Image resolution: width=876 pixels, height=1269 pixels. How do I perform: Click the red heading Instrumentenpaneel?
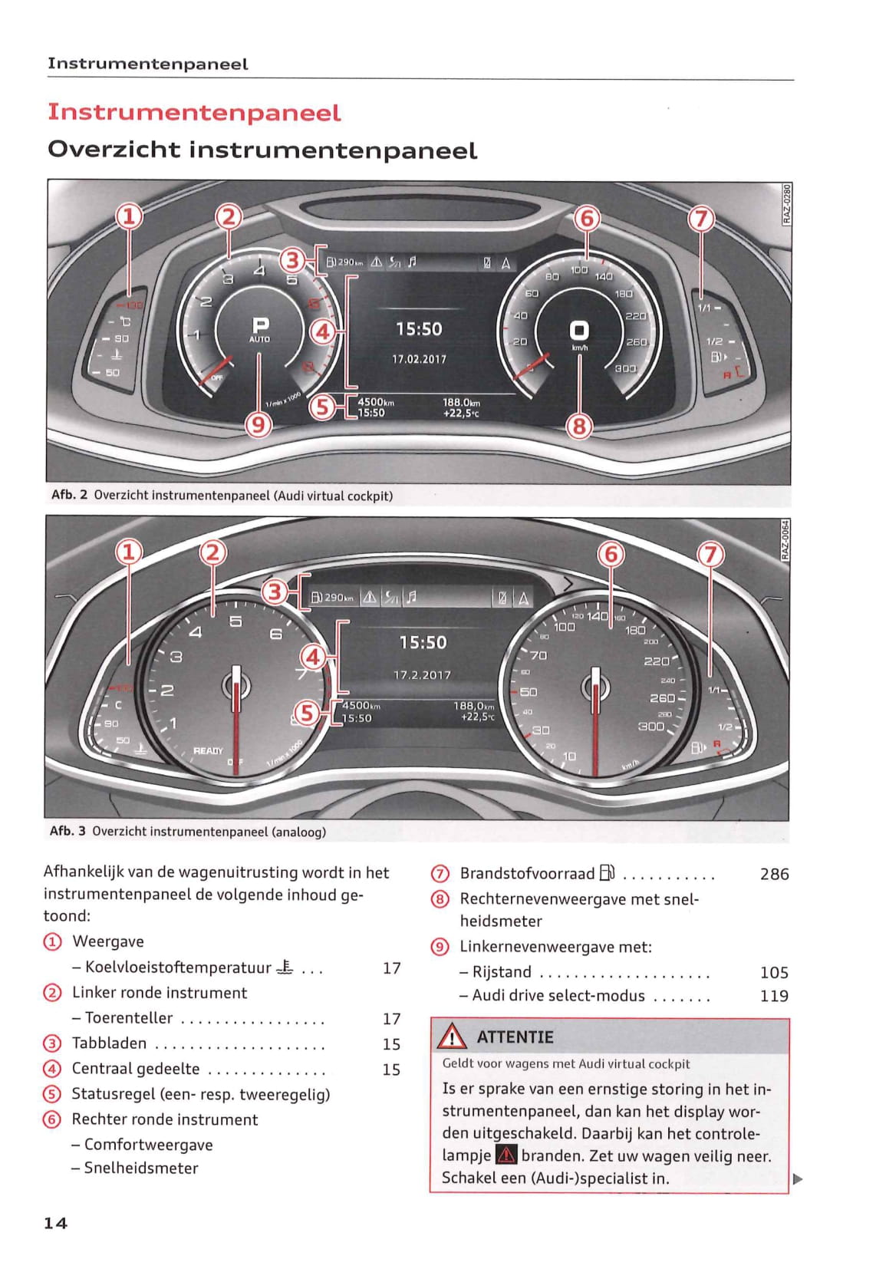click(194, 112)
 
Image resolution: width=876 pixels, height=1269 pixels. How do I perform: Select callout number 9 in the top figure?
click(259, 424)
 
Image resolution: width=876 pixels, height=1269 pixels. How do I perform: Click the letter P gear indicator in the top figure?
click(260, 325)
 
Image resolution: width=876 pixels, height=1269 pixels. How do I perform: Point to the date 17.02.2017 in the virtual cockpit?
click(419, 359)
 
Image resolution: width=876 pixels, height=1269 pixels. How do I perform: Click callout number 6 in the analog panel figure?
click(611, 553)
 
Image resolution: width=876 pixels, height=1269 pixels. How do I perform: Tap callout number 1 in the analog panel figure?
click(129, 551)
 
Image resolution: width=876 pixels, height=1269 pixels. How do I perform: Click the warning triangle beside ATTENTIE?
click(453, 1037)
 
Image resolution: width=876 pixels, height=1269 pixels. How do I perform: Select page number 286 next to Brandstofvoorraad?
click(774, 874)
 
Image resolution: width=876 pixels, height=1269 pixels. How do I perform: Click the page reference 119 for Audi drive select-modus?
click(774, 996)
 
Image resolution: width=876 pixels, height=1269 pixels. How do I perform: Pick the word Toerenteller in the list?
click(129, 1018)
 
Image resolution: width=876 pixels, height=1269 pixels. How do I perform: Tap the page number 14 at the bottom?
click(56, 1223)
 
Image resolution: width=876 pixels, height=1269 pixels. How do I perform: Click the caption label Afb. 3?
click(68, 831)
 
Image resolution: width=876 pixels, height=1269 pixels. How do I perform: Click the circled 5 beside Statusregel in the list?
click(51, 1094)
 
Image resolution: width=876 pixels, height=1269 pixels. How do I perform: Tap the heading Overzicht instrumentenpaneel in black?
click(262, 150)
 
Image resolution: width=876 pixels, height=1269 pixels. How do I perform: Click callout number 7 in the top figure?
click(700, 219)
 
